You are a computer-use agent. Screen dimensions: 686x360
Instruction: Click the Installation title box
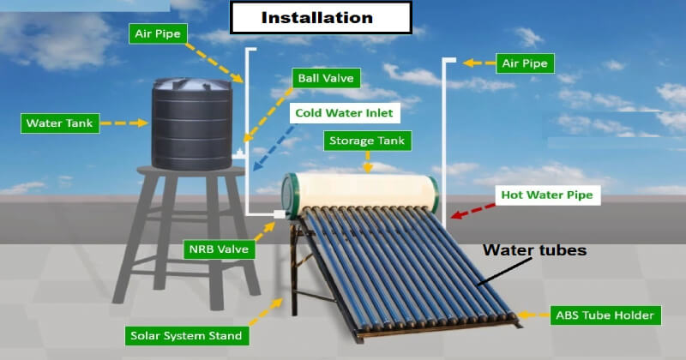pos(321,17)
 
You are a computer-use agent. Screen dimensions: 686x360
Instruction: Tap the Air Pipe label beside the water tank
pos(158,33)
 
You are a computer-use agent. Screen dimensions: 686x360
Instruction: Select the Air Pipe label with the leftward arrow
pos(525,63)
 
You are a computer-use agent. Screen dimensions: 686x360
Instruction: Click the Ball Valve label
pos(326,78)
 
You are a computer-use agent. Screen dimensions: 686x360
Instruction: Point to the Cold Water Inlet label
pos(345,113)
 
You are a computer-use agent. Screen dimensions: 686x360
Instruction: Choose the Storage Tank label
pos(367,141)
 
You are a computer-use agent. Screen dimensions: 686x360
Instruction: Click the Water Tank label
pos(60,123)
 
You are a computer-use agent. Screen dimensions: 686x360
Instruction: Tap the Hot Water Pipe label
pos(547,195)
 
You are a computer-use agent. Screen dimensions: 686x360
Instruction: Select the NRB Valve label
pos(219,249)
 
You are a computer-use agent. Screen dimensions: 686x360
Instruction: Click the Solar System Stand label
pos(186,336)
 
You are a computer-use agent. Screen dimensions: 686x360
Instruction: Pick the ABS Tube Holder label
pos(605,315)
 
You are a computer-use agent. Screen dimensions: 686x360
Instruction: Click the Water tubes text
pos(534,250)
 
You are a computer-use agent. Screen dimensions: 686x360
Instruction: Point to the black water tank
pos(192,123)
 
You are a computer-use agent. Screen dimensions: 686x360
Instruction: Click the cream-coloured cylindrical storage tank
pos(360,191)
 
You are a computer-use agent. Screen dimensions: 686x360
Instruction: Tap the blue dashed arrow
pos(274,147)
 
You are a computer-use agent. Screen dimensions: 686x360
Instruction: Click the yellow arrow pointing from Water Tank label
pos(124,123)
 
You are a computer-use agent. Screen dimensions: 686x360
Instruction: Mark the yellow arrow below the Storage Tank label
pos(368,162)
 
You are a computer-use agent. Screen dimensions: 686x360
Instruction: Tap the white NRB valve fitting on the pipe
pos(280,214)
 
